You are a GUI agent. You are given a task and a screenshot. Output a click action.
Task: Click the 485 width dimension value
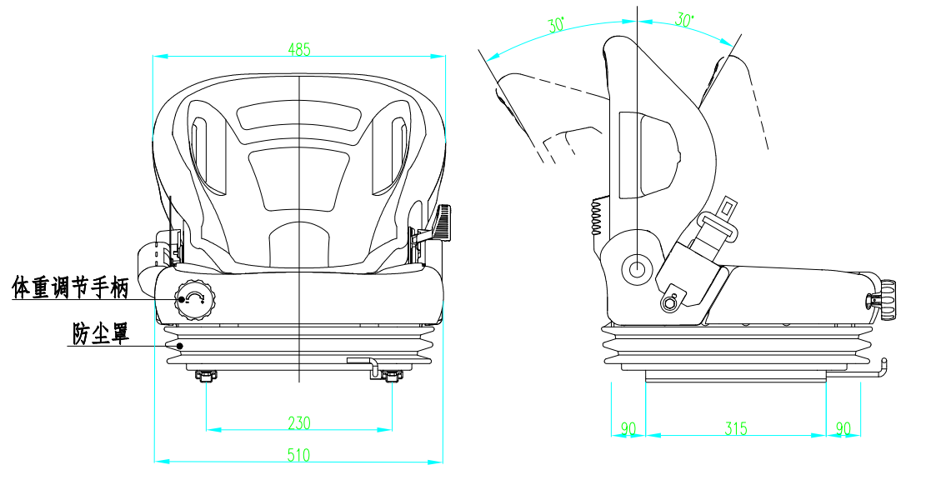[299, 49]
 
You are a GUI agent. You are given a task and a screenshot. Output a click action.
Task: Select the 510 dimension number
[298, 455]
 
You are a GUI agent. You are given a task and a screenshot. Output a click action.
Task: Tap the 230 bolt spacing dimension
[298, 423]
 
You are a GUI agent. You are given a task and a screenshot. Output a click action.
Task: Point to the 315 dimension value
[736, 428]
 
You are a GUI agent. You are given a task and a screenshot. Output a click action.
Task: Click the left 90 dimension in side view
[628, 428]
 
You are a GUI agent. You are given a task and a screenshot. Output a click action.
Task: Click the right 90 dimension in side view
[843, 428]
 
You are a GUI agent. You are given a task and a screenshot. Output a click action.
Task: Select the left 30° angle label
[556, 25]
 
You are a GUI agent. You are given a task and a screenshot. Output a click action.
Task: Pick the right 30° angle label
[683, 20]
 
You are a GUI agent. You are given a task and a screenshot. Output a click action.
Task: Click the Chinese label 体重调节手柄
[71, 287]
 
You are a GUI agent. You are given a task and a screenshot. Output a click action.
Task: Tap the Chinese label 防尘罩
[101, 333]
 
